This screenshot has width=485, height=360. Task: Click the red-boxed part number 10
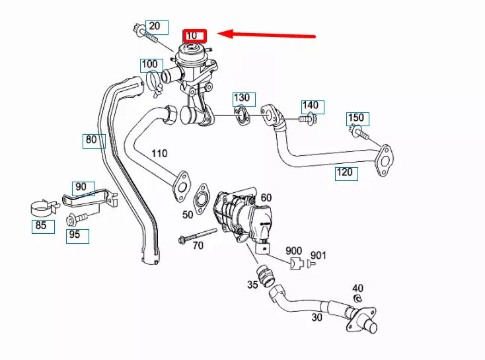coord(196,35)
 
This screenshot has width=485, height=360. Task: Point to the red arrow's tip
coord(221,34)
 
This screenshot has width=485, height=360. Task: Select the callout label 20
coord(154,26)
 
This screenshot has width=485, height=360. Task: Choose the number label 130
coord(243,99)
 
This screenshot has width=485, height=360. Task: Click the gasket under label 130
coord(243,117)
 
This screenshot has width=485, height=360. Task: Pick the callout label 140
coord(310,106)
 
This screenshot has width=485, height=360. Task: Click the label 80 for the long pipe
coord(91,140)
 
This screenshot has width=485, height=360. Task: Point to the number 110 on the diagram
coord(159,153)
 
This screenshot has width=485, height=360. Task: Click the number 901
coord(318,255)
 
